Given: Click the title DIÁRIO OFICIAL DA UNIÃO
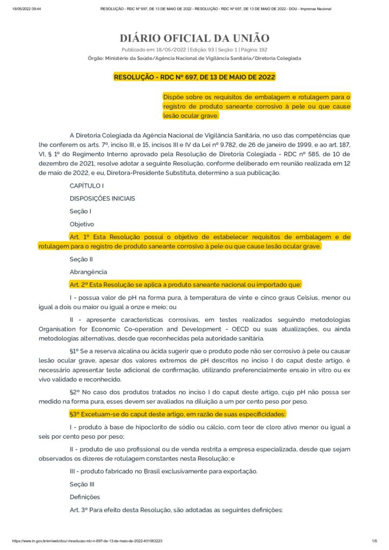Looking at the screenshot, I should click(x=194, y=38).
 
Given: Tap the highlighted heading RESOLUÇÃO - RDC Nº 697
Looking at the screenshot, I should click(x=194, y=77).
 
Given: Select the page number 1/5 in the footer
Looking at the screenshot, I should click(x=373, y=541).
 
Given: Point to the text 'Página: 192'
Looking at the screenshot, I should click(x=266, y=49).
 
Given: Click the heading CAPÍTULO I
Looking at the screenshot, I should click(x=87, y=185).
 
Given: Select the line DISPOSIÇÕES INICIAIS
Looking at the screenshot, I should click(x=102, y=198).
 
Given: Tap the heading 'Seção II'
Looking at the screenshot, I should click(x=81, y=259).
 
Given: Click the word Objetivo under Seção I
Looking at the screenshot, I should click(x=82, y=224).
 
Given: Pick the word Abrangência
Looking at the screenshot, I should click(x=88, y=272).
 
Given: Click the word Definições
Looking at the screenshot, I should click(x=85, y=497).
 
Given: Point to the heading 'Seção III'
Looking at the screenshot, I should click(x=82, y=484).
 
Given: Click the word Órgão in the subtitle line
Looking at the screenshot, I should click(x=96, y=58).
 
